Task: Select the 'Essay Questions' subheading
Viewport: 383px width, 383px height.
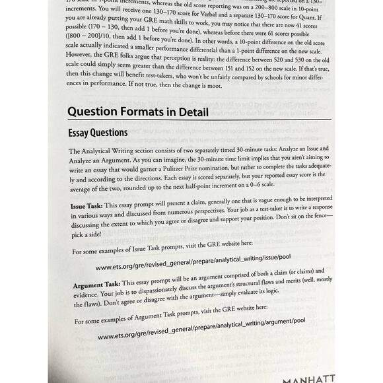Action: (x=98, y=133)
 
